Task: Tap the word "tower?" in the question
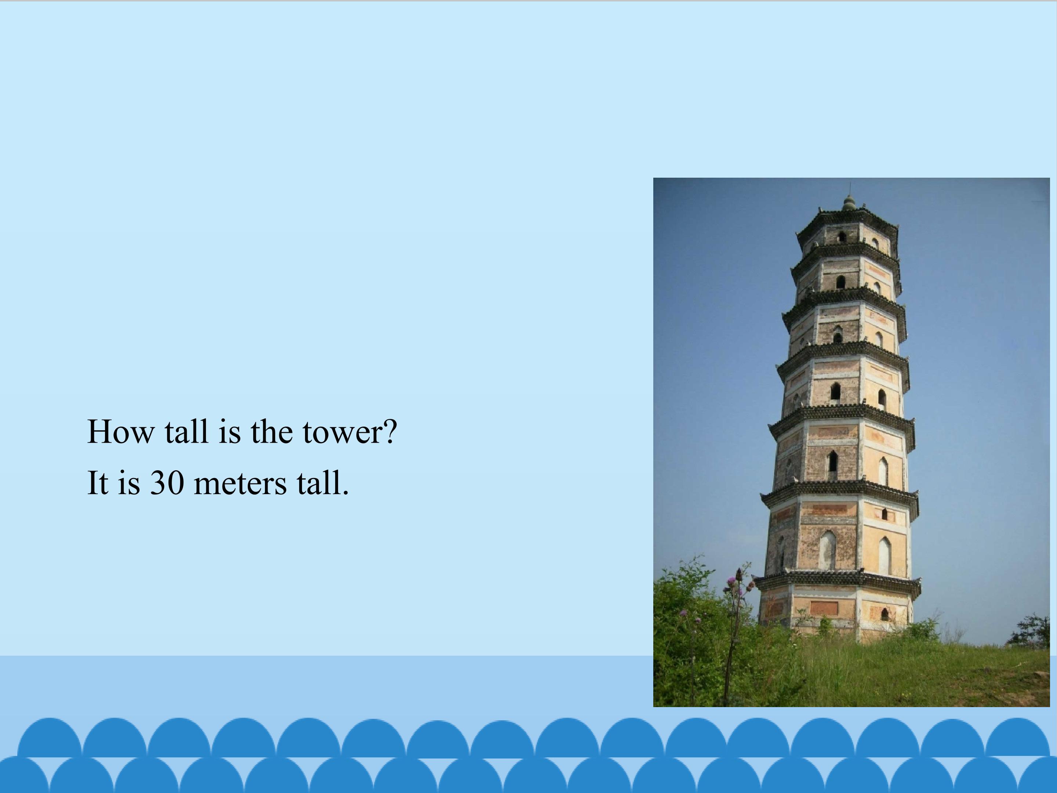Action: coord(349,432)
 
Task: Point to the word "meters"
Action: coord(240,483)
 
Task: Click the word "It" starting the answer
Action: coord(97,483)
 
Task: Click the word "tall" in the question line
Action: coord(186,432)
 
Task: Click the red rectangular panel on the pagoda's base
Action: coord(824,608)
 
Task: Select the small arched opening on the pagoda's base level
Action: coord(885,614)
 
